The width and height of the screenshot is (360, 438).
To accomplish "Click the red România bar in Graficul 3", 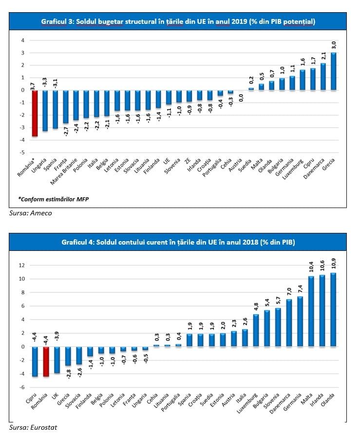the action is click(35, 113).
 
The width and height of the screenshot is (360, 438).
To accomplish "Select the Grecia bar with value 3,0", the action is click(333, 71).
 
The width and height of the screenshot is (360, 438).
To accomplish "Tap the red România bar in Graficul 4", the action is click(46, 362).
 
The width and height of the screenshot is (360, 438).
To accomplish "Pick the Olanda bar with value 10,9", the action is click(333, 310).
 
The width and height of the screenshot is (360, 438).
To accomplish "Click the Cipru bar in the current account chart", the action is click(35, 362).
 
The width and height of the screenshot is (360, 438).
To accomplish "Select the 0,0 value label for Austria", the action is click(241, 98).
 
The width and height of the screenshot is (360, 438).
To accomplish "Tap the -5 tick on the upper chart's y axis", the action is click(22, 152).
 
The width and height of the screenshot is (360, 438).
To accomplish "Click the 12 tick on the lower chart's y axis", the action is click(21, 265).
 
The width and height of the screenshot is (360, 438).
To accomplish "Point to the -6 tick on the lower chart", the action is click(21, 387).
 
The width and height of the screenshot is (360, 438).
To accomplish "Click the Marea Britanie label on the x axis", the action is click(64, 172).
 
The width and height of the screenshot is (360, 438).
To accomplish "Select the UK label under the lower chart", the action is click(55, 397).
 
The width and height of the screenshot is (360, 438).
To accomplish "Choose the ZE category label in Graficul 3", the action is click(188, 161).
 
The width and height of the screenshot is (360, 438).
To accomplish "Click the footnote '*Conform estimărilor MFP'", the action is click(54, 199).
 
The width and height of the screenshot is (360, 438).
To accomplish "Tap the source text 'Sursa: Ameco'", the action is click(30, 213).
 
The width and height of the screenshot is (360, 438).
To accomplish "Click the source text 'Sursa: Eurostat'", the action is click(33, 427).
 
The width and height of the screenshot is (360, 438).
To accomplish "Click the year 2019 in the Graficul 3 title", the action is click(240, 21).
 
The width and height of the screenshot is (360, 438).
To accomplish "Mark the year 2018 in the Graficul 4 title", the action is click(250, 242).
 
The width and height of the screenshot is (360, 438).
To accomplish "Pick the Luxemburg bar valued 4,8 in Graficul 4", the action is click(256, 330).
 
